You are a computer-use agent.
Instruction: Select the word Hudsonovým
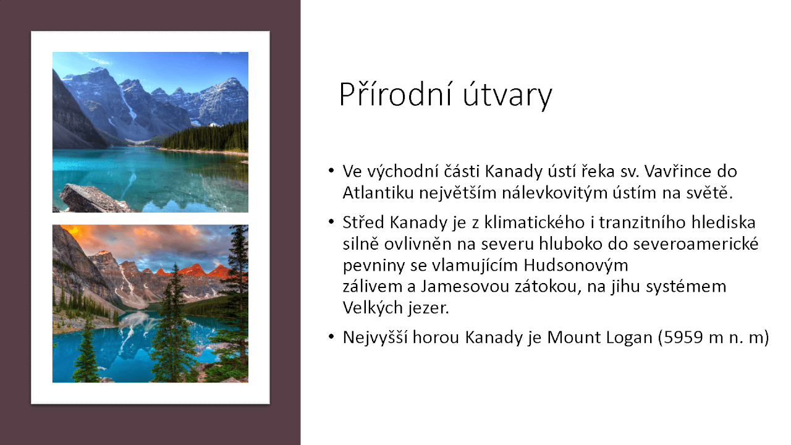point(576,265)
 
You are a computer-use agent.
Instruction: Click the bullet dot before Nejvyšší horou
point(332,337)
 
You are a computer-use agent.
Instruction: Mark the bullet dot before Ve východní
point(332,170)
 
